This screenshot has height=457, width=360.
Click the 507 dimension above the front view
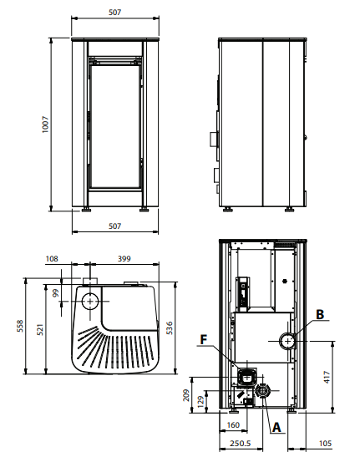(115, 12)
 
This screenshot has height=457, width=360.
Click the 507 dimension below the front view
(115, 226)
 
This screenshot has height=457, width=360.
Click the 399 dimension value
(126, 259)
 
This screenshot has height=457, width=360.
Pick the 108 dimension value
(53, 259)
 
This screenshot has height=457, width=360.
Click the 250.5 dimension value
(240, 443)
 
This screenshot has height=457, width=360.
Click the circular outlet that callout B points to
(287, 340)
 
